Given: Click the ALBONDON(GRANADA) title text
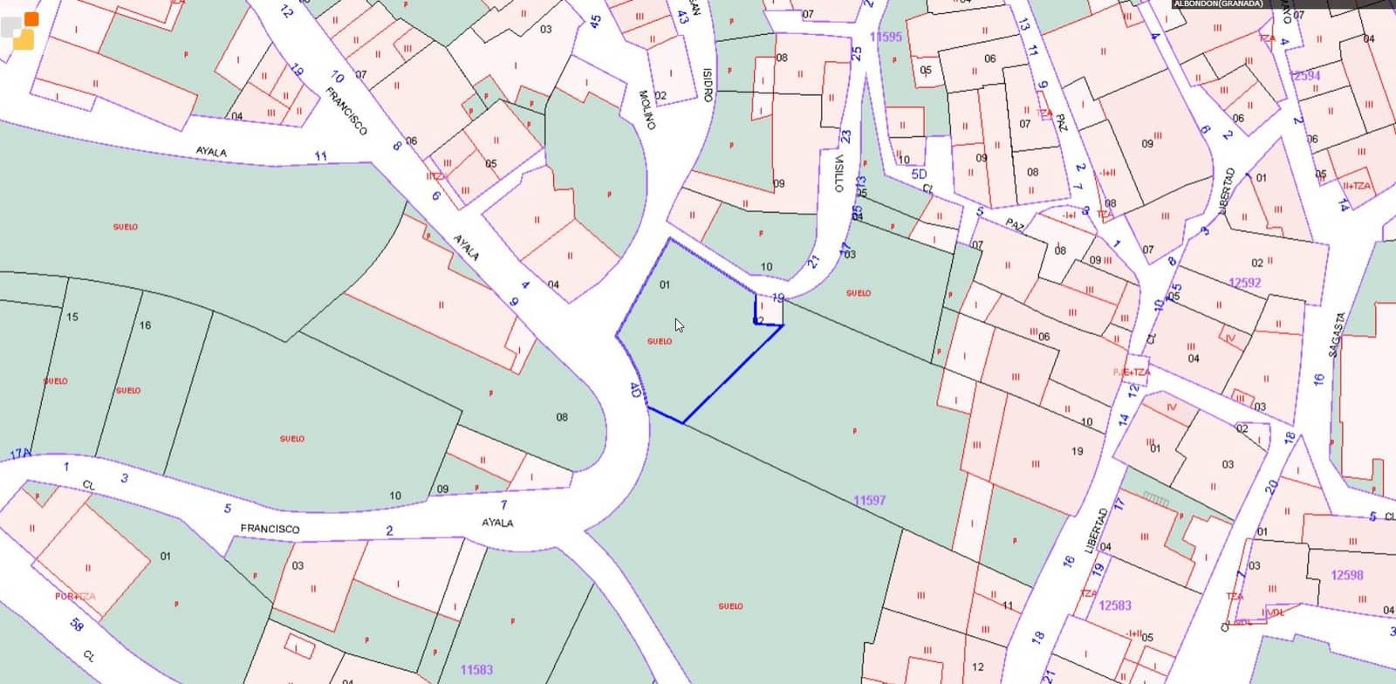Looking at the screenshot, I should click(1218, 4).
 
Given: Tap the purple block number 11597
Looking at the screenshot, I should click(869, 500).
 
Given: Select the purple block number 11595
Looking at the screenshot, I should click(886, 37).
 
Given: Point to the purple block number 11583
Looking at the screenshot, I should click(476, 670).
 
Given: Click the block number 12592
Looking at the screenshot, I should click(1244, 283).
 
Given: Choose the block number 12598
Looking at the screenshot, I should click(1346, 575).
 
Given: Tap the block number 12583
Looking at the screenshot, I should click(1115, 605).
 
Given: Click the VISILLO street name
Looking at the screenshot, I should click(838, 174).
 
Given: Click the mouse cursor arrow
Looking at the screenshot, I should click(679, 325).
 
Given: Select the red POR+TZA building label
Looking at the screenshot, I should click(75, 597).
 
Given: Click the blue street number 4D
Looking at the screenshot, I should click(635, 389).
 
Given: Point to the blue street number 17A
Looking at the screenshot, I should click(20, 455).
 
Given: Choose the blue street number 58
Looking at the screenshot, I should click(77, 625).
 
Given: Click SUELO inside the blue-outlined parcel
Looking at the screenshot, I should click(660, 341).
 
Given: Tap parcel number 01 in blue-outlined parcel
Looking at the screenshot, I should click(665, 284).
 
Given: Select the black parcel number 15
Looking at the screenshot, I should click(72, 317).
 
